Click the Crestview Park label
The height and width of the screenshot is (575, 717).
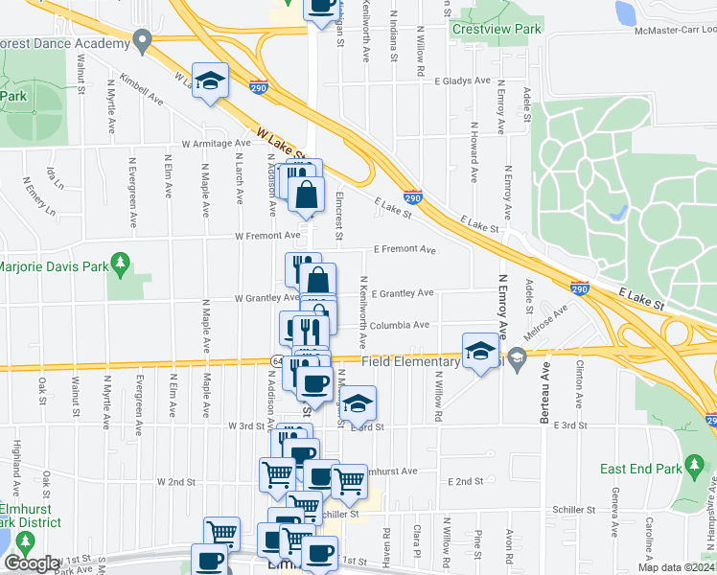click(x=497, y=29)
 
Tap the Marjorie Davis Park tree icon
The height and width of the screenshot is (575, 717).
click(x=120, y=261)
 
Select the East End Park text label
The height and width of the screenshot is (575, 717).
click(x=640, y=469)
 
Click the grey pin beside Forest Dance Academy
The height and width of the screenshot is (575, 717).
click(x=143, y=41)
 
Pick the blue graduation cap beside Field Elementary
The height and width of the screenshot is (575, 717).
click(x=479, y=351)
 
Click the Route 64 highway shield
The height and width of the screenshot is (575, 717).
click(x=275, y=360)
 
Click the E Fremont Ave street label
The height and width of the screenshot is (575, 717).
click(x=405, y=249)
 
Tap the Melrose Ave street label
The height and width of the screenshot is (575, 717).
click(x=547, y=321)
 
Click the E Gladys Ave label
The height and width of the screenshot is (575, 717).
click(x=461, y=82)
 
